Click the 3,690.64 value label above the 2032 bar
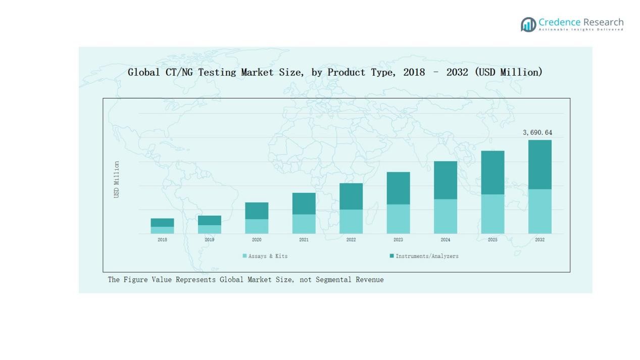[537, 133]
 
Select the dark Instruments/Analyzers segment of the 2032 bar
[539, 165]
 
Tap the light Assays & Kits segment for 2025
[493, 214]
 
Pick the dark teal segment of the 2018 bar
[162, 223]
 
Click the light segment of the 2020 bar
[257, 226]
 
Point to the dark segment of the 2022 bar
[351, 196]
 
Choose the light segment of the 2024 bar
[445, 217]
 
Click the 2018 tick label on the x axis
[162, 240]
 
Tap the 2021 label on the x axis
[304, 240]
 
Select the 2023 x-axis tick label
[398, 240]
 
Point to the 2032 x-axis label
[539, 240]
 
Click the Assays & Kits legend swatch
[245, 256]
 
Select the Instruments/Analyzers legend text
[427, 256]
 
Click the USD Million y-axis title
[117, 180]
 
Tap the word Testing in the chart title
[217, 72]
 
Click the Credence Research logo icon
[528, 24]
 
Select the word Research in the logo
[603, 22]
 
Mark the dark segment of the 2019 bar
[209, 221]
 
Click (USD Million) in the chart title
[508, 72]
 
